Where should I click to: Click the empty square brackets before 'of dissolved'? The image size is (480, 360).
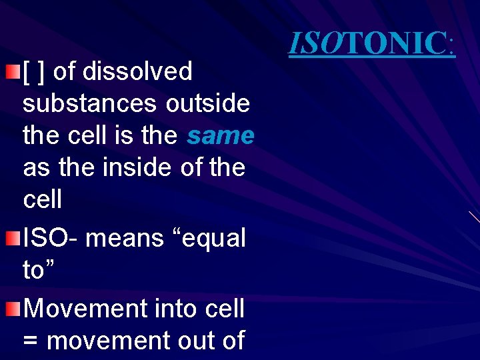tap(33, 71)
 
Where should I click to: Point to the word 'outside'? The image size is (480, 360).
tap(208, 103)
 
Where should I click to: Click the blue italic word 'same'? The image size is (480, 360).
tap(221, 135)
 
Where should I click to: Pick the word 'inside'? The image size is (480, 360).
tap(139, 167)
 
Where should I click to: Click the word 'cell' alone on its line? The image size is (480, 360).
tap(42, 199)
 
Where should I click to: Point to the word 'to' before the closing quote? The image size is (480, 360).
tap(34, 270)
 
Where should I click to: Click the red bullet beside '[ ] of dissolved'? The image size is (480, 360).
tap(12, 71)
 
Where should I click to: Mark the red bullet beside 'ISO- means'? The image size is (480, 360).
tap(12, 237)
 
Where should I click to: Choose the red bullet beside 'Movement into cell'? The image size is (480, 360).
tap(12, 308)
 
